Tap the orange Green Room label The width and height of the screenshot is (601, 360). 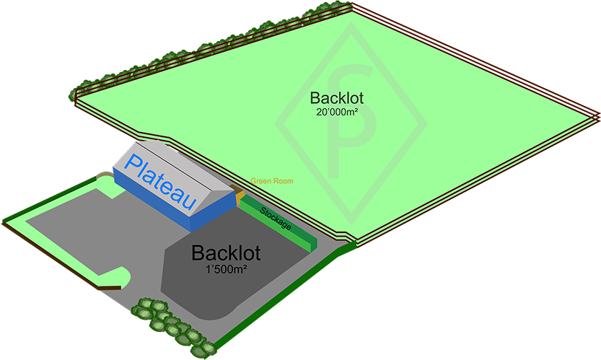click(272, 181)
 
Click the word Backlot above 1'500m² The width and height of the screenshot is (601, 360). click(226, 253)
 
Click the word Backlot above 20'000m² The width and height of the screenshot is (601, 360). click(337, 98)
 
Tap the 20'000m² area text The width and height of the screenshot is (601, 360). click(337, 112)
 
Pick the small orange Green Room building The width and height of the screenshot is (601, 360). click(240, 195)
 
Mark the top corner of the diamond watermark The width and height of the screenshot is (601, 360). click(351, 25)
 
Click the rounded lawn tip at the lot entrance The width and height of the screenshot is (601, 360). click(123, 278)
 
